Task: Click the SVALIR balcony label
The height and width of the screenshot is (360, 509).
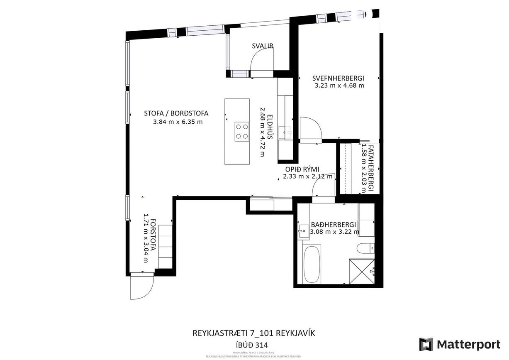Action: pyautogui.click(x=263, y=46)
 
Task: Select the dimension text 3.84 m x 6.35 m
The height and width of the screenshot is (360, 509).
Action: pyautogui.click(x=178, y=122)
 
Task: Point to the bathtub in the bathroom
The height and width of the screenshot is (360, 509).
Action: pyautogui.click(x=311, y=264)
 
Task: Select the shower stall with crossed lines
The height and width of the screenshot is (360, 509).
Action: pyautogui.click(x=362, y=271)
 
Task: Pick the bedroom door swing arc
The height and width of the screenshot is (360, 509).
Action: pyautogui.click(x=310, y=129)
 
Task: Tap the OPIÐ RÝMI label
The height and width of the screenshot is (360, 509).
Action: pyautogui.click(x=302, y=169)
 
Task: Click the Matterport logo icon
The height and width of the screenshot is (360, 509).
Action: pyautogui.click(x=426, y=345)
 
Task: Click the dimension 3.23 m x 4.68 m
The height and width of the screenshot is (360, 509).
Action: pyautogui.click(x=339, y=86)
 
